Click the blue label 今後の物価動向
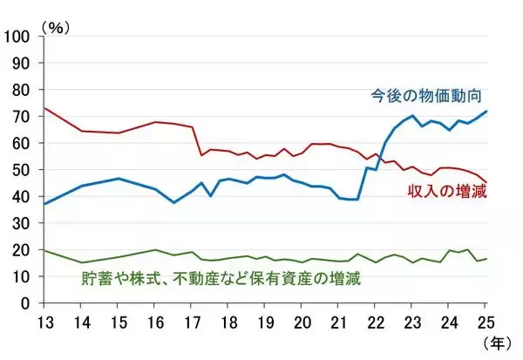tap(427, 94)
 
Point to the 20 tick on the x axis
tap(302, 320)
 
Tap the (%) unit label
tap(55, 27)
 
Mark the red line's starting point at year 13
tap(44, 108)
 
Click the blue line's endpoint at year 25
tap(486, 112)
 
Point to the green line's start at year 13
tap(44, 250)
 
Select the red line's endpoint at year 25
tap(486, 182)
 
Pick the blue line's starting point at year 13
tap(44, 204)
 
